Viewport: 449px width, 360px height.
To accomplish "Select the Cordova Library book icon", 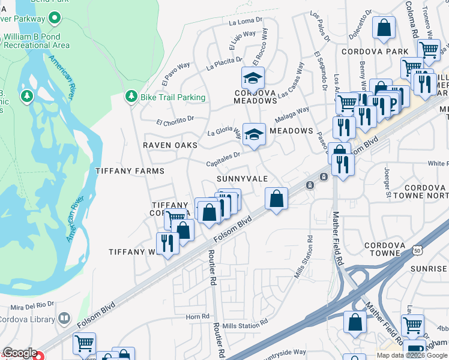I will point(64,319).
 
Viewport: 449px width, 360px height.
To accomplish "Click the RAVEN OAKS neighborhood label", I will point(166,146).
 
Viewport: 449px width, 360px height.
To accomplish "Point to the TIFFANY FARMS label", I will point(130,171).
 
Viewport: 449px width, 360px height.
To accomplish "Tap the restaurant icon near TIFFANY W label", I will point(167,244).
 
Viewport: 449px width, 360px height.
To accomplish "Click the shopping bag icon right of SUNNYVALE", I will point(276,199).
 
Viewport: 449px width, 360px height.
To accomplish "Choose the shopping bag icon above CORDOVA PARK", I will point(384,28).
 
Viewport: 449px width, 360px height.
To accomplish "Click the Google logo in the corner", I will point(20,353).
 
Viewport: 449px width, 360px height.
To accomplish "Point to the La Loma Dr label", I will point(246,22).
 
